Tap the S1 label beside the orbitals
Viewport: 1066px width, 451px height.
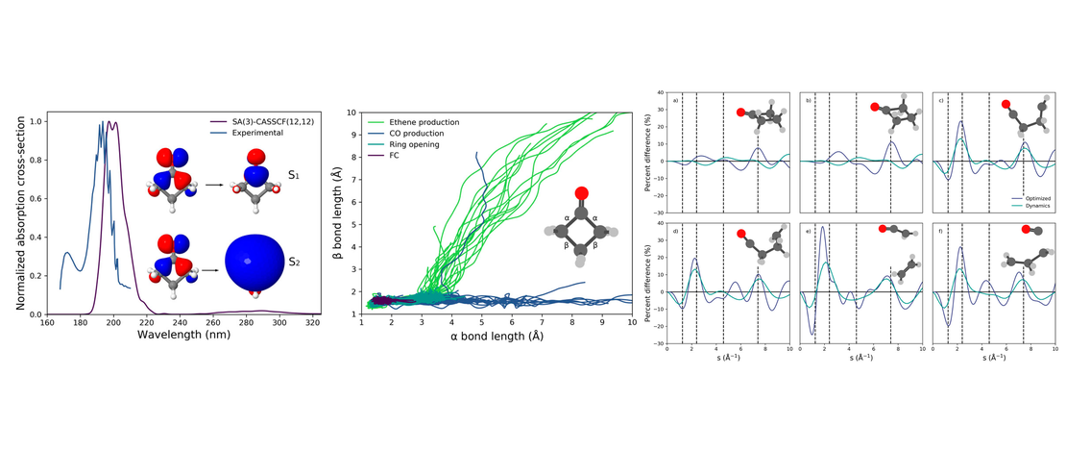pos(294,177)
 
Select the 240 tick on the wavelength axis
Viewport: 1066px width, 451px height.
pos(179,322)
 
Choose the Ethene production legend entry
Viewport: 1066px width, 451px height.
pos(422,122)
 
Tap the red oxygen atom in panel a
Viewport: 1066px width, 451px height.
pos(740,113)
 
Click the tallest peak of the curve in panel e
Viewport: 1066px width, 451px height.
pos(822,240)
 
